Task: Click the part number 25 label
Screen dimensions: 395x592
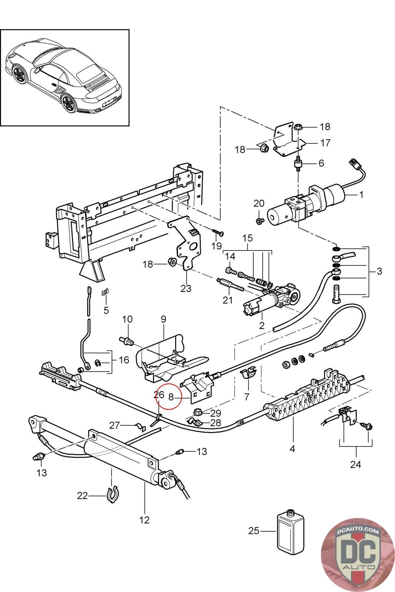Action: [x=254, y=531]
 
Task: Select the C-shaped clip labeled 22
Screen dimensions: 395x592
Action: [x=113, y=494]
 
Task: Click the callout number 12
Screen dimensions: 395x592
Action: [x=144, y=520]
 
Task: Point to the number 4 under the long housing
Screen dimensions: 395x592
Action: [x=292, y=448]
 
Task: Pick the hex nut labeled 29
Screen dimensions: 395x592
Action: [x=198, y=412]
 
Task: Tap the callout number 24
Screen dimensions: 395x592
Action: [x=355, y=464]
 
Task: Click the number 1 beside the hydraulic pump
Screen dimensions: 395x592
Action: [x=361, y=195]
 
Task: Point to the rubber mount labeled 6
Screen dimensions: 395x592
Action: [x=298, y=164]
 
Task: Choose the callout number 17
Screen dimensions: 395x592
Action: [x=325, y=143]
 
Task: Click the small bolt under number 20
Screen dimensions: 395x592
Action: [x=260, y=221]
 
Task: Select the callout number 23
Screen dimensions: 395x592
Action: [x=186, y=288]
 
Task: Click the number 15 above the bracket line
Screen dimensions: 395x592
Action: [x=247, y=238]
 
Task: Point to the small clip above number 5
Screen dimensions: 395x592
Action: [x=106, y=292]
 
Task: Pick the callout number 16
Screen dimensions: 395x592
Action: [x=124, y=360]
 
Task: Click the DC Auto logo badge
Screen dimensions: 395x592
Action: [x=358, y=555]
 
